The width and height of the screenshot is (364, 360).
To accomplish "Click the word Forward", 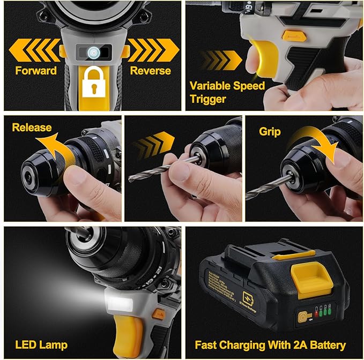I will [36, 71].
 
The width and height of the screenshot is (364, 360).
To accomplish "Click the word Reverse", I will [151, 71].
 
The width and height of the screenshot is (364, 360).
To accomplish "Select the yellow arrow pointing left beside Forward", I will [33, 50].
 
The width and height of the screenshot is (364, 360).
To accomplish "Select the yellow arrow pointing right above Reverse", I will [153, 50].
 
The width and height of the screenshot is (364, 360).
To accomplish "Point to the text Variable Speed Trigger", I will [227, 92].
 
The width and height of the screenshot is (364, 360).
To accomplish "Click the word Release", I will [32, 127].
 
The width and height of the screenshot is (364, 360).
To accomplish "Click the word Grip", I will [270, 131].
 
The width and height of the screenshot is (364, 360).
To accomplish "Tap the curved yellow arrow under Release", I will [51, 148].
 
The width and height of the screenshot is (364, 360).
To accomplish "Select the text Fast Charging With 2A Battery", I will [270, 345].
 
